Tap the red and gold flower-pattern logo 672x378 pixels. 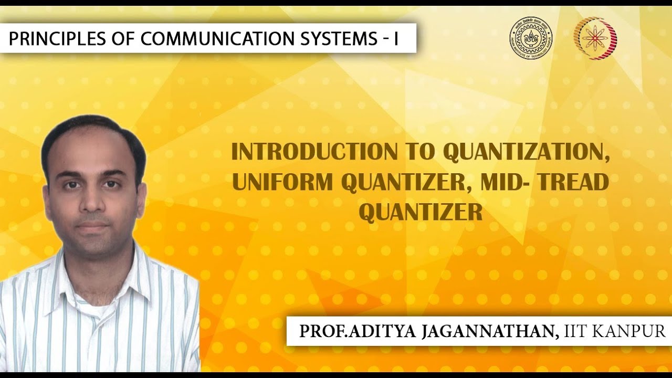tap(595, 38)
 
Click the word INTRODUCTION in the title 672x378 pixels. tap(314, 152)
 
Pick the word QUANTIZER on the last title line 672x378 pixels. tap(420, 212)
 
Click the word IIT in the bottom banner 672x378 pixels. tap(576, 331)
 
